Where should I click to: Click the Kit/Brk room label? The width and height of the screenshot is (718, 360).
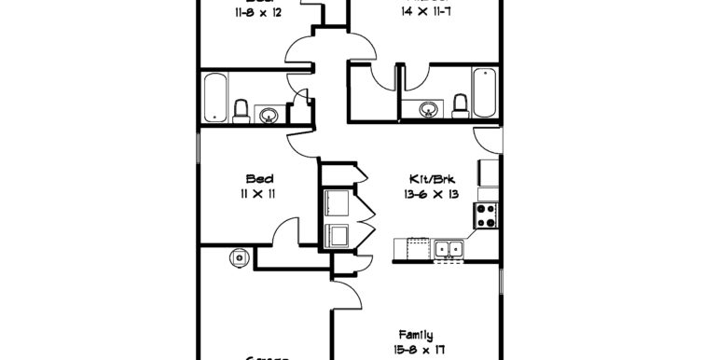[x=431, y=178]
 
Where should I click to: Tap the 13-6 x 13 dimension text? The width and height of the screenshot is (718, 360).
[x=431, y=194]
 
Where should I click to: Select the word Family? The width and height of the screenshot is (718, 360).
[x=415, y=335]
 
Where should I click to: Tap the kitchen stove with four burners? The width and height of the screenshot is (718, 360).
[x=486, y=216]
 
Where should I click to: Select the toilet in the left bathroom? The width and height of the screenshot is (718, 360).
[x=241, y=112]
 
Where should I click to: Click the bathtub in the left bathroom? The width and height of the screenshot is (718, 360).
[x=214, y=97]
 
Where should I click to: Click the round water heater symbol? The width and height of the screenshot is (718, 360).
[x=240, y=256]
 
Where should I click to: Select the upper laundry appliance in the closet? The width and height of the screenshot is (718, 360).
[x=335, y=202]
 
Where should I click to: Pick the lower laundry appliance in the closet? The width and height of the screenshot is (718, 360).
[x=335, y=235]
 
